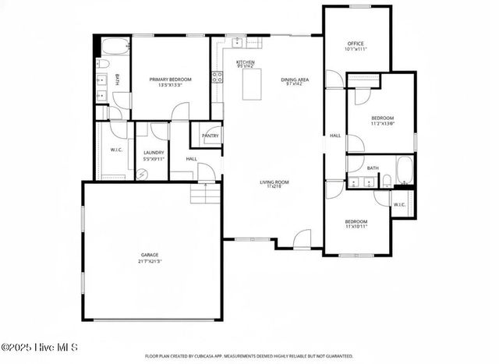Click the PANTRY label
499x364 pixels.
[x=210, y=136]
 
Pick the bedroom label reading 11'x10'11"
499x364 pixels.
[x=356, y=224]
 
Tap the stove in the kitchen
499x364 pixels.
[x=217, y=77]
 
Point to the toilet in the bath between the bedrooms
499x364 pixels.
[x=387, y=182]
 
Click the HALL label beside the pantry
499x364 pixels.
[x=191, y=159]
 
